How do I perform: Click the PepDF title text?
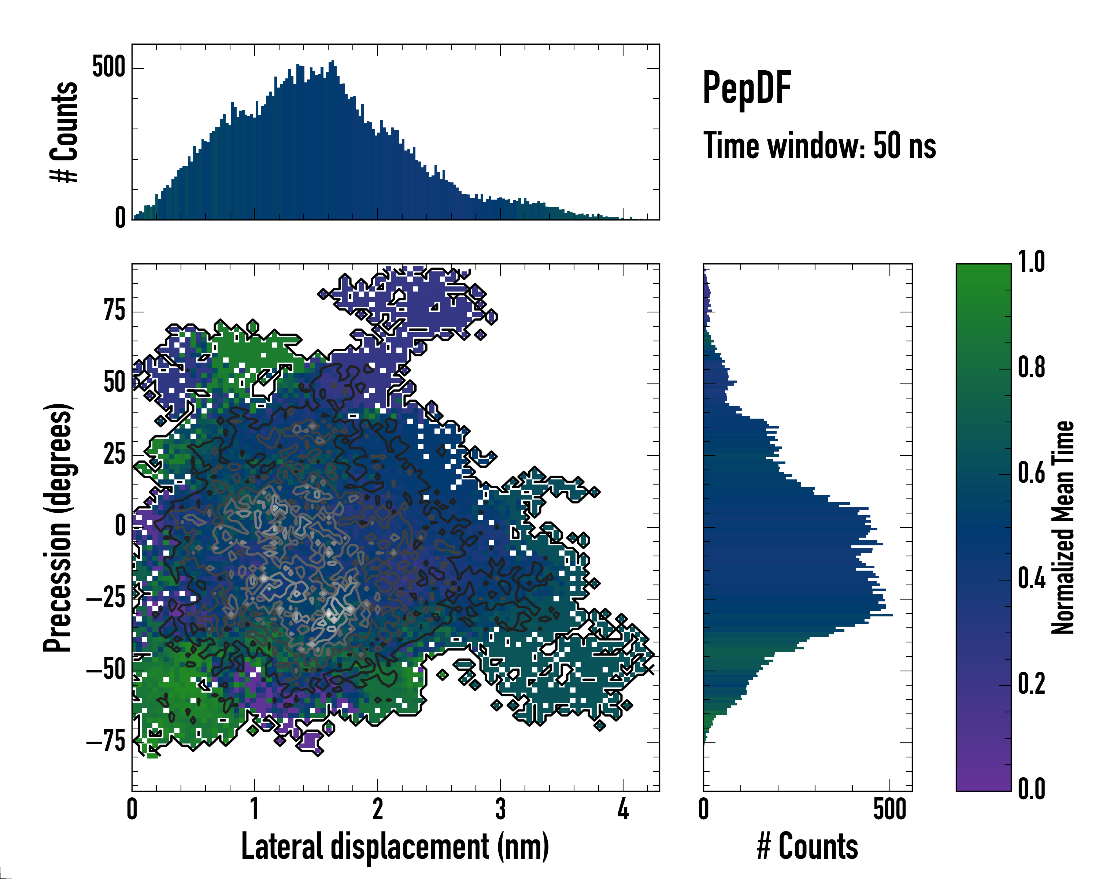(x=746, y=88)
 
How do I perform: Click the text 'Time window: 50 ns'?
(x=819, y=146)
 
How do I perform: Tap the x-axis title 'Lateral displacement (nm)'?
(x=395, y=847)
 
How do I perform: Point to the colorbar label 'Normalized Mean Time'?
(x=1063, y=527)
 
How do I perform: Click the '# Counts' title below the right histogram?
(x=807, y=847)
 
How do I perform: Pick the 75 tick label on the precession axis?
(x=115, y=311)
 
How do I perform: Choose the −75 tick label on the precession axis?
(x=106, y=742)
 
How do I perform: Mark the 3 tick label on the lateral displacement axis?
(x=500, y=809)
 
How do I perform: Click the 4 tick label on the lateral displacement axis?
(x=623, y=809)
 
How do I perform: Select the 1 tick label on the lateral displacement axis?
(x=254, y=809)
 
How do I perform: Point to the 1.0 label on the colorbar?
(x=1031, y=263)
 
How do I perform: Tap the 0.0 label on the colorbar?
(x=1031, y=789)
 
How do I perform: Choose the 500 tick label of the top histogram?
(x=108, y=67)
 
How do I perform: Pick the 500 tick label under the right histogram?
(x=889, y=809)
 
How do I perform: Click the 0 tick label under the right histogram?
(x=703, y=809)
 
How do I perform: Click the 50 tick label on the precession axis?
(x=115, y=383)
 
